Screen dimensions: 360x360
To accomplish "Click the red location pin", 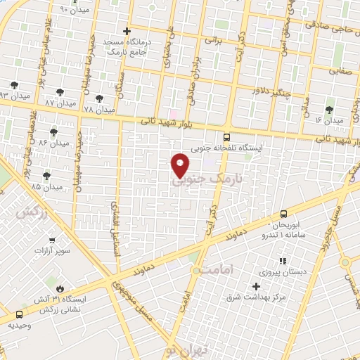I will click(180, 165).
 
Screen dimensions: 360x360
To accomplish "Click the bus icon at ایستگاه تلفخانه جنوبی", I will click(226, 137).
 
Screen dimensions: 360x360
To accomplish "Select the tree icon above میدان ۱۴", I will click(329, 110).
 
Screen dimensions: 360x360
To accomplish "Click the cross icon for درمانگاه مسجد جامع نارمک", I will click(127, 31).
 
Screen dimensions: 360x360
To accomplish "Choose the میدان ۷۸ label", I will click(98, 110).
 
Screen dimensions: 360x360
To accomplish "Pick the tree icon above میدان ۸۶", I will click(53, 131).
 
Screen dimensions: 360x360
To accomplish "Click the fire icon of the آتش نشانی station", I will click(60, 288).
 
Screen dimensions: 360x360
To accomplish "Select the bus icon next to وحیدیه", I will click(19, 315).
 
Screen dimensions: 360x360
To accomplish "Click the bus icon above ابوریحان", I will click(283, 213).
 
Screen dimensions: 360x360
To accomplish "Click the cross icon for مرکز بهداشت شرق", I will click(256, 286).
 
